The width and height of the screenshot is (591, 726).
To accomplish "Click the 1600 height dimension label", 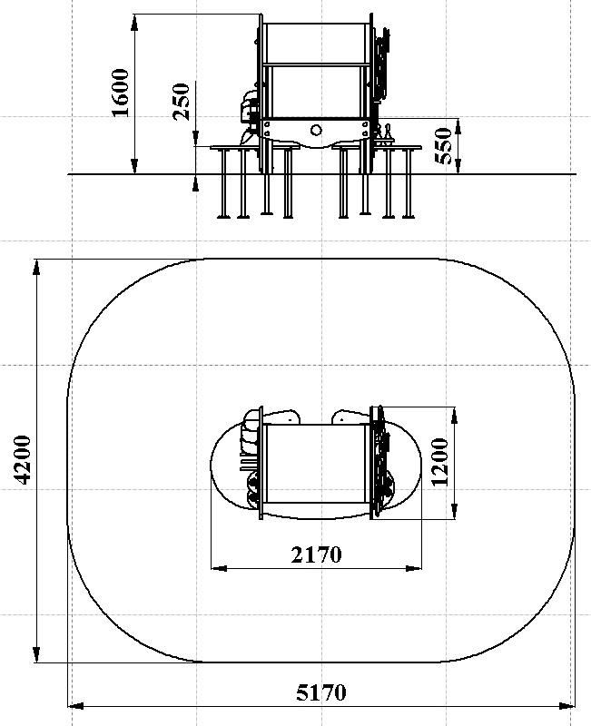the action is pos(121,93).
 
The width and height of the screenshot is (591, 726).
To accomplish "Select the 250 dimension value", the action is pos(182,102).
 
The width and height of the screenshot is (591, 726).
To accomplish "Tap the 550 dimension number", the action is pos(443,146).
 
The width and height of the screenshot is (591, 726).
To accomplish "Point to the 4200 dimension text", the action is pos(23,460).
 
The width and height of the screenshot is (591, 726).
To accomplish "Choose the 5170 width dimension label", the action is pos(321,692).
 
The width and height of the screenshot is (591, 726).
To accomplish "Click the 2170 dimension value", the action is pos(316,554).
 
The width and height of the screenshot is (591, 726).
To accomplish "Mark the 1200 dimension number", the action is pos(440,462).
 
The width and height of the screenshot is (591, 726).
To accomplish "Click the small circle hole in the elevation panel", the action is pos(316,130).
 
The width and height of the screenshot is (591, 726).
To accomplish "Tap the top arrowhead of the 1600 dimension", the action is pos(134,22).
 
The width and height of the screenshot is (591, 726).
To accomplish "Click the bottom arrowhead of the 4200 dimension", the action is pos(36,654).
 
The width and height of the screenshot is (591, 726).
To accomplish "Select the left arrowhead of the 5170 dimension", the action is pos(76,706).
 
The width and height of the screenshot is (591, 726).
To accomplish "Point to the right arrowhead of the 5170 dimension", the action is pos(566,706).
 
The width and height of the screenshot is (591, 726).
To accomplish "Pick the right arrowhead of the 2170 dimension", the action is pos(414,568).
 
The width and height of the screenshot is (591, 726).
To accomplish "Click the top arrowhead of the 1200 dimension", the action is pos(455,416).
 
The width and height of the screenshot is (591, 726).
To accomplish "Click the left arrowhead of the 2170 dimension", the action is pos(219,568).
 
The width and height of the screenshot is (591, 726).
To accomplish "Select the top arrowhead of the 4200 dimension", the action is pos(36,268).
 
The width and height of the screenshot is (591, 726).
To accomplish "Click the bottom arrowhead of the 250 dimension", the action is pos(195,183).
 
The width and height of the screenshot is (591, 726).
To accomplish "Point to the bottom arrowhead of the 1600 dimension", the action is pos(134,166).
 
